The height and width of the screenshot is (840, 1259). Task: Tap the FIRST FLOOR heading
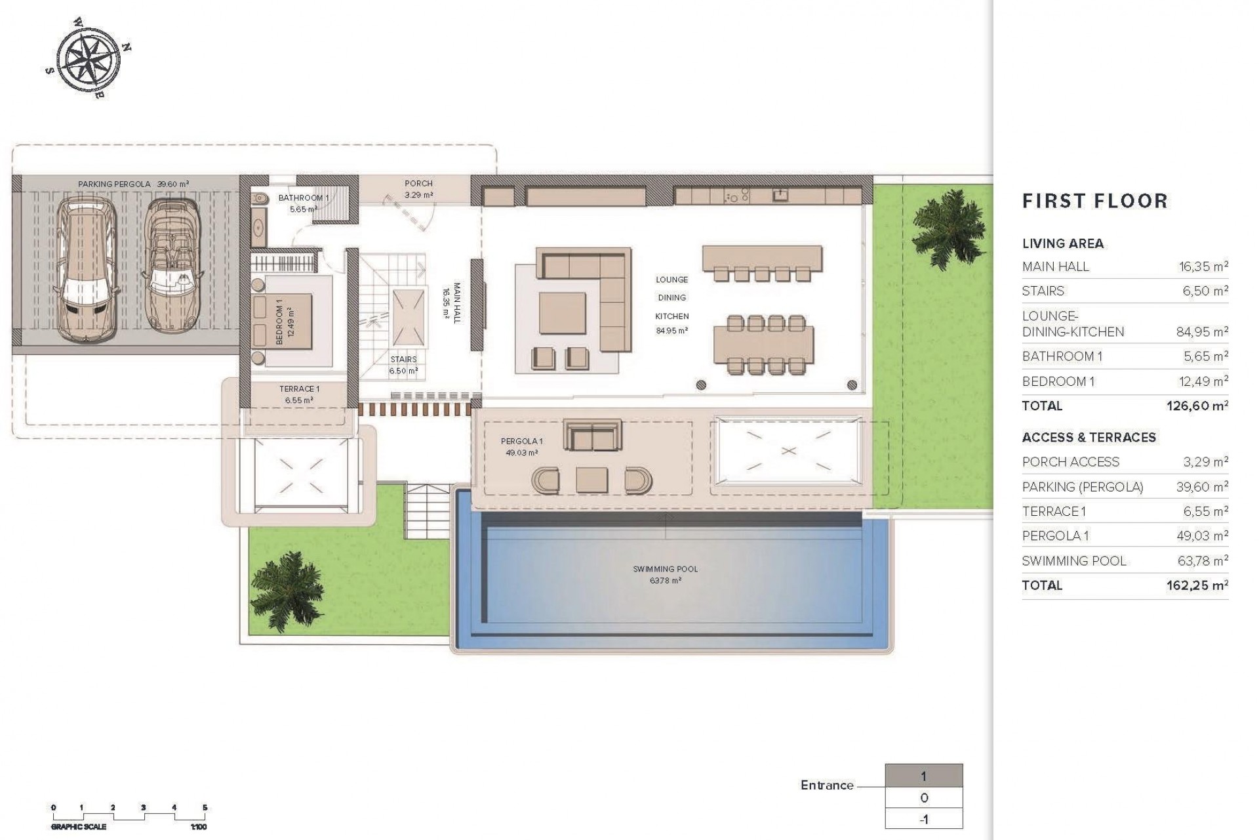pos(1095,201)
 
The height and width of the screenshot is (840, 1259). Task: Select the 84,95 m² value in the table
pos(1202,332)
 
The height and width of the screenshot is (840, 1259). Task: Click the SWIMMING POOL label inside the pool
pos(665,570)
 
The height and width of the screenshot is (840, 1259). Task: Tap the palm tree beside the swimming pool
pos(286,580)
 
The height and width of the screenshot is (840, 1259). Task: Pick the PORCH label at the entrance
pos(418,184)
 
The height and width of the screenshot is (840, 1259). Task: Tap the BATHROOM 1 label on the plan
pos(303,198)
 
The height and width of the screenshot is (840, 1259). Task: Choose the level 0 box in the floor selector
pos(923,798)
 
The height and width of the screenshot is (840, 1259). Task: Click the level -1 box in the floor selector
pos(923,819)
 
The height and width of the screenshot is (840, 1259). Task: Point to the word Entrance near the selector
pos(826,785)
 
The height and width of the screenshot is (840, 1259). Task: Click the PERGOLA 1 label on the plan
pos(522,441)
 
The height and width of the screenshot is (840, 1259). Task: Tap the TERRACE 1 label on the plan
pos(299,389)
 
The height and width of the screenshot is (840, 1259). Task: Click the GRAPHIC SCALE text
pos(78,827)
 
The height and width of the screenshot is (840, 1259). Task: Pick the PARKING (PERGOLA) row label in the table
pos(1082,487)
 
